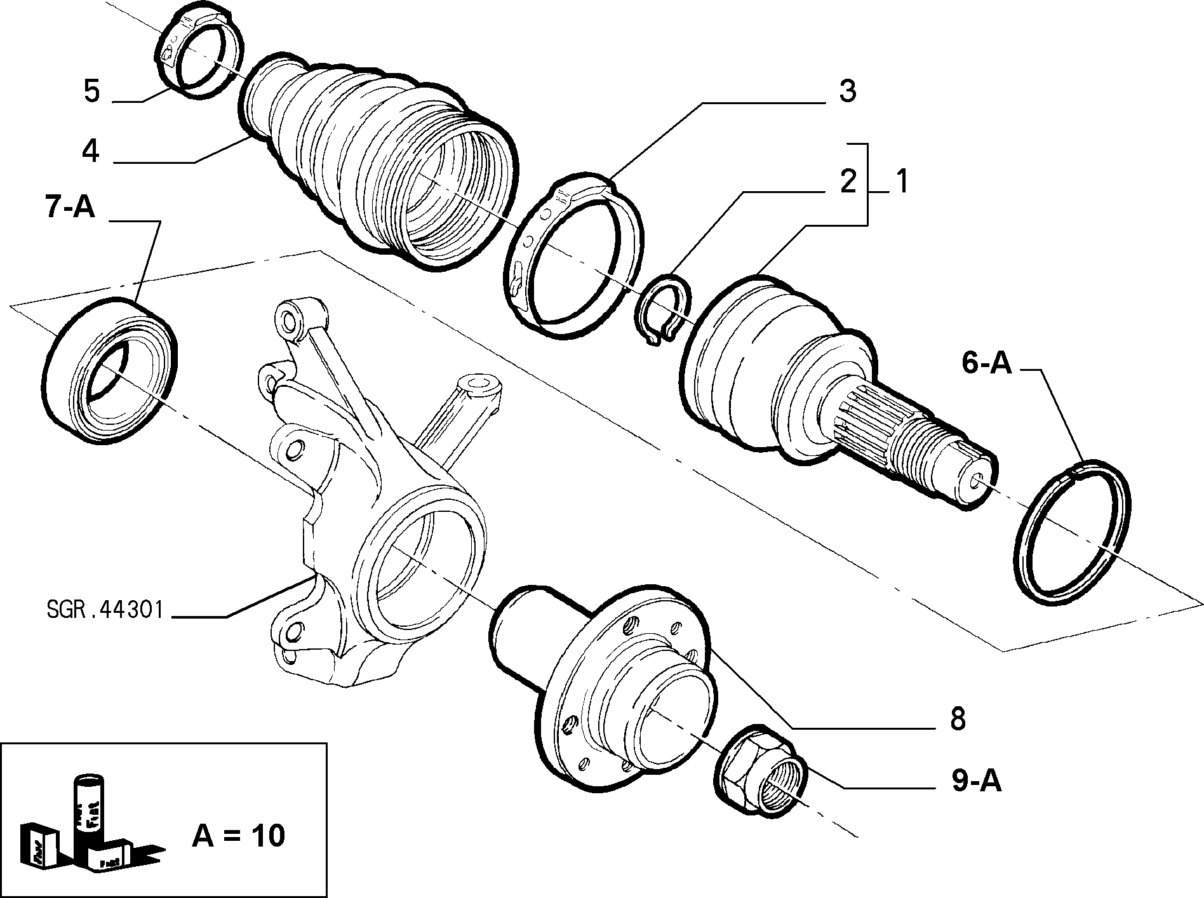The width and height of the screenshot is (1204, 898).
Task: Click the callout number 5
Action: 92,91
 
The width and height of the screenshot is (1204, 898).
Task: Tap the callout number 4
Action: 91,152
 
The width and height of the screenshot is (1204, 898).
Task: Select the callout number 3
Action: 847,91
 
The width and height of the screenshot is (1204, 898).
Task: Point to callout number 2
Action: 848,182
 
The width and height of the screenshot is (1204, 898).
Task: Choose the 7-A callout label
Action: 70,207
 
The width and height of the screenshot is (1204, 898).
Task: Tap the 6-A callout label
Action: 986,363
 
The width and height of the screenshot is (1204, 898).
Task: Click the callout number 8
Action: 957,720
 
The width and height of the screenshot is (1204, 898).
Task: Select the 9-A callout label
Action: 976,782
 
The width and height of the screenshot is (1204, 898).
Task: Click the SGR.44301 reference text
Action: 105,611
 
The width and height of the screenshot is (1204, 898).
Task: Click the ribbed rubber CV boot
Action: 381,159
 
